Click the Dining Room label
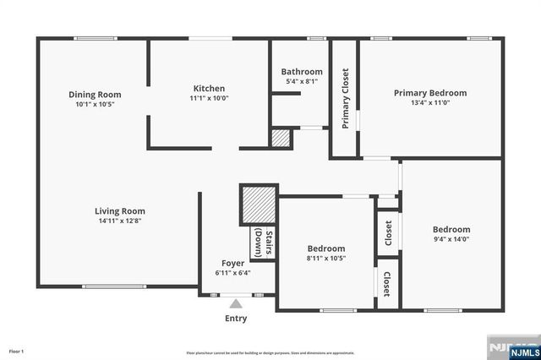coord(95,95)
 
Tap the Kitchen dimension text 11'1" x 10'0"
coord(209,98)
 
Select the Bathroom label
coord(302,72)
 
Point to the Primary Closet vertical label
coord(345,98)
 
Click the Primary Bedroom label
coord(429,93)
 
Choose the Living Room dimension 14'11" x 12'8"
coord(119,221)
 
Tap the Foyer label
coord(233,263)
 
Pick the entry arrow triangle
coord(236,302)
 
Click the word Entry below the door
coord(236,319)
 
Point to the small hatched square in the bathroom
coord(281,139)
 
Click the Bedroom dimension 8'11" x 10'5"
coord(325,259)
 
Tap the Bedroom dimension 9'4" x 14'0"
coord(451,239)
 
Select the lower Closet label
coord(387,283)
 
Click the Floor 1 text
coord(17,351)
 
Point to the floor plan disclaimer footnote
coord(270,352)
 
